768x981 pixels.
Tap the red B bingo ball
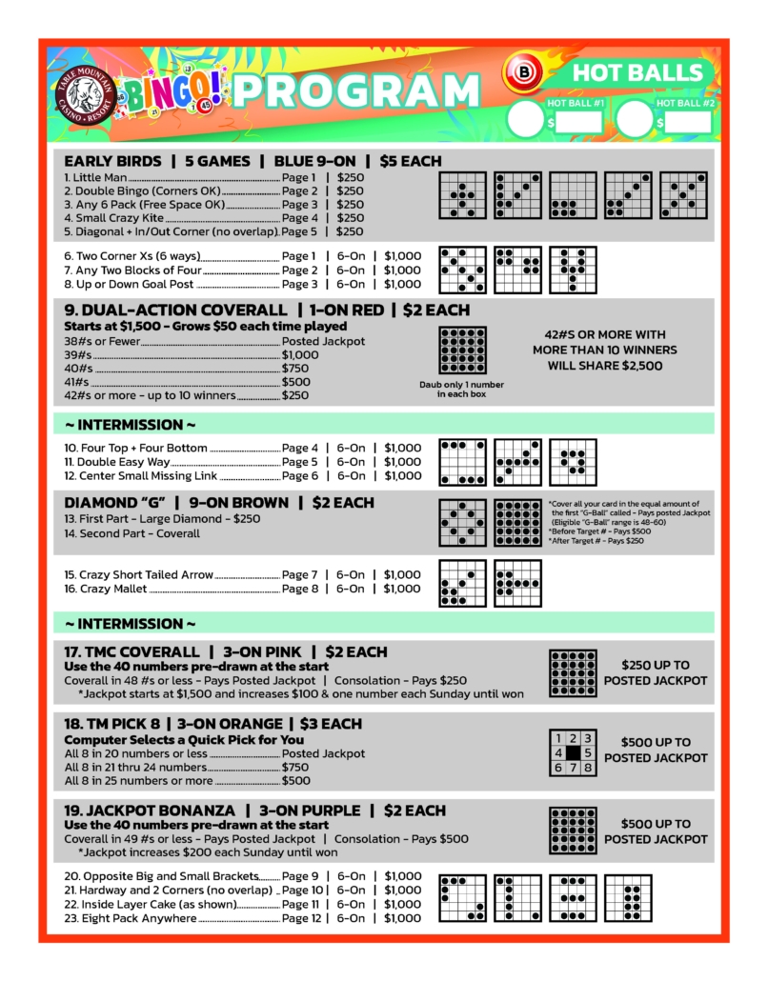tap(522, 72)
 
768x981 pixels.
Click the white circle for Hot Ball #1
tap(526, 120)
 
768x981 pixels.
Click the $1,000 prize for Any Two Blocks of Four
tap(402, 270)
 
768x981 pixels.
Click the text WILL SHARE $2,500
tap(605, 365)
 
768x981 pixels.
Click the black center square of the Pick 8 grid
tap(574, 752)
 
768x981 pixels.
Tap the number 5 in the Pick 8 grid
tap(588, 752)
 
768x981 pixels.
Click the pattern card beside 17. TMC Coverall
tap(573, 673)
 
